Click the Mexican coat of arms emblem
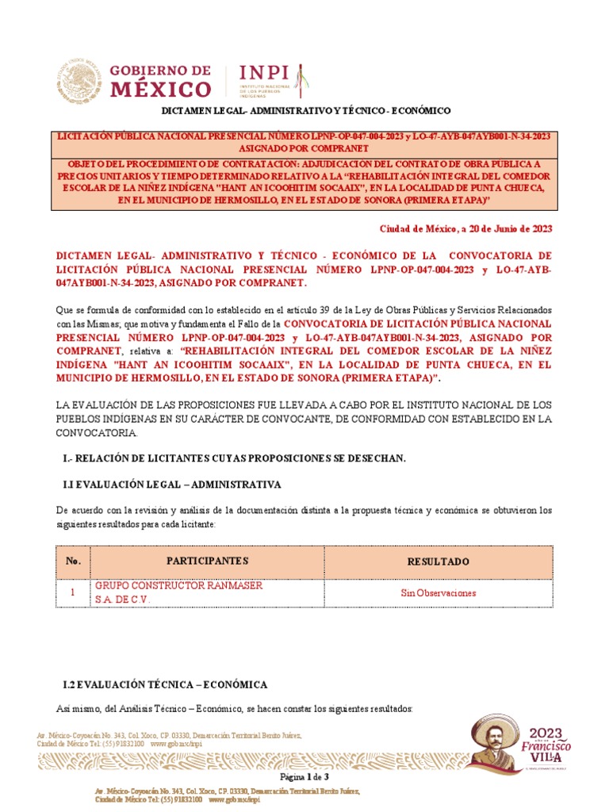[79, 79]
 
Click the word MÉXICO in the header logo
[161, 88]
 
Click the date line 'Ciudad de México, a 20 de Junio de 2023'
[466, 229]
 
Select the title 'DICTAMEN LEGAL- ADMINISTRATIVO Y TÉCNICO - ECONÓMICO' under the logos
[306, 110]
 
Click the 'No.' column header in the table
[74, 561]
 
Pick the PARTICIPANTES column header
[207, 561]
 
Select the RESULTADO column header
[439, 561]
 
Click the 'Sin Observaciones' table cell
[439, 592]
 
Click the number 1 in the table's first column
[73, 592]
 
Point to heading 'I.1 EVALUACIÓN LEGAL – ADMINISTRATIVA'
[171, 484]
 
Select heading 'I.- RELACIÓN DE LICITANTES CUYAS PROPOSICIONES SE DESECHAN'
[234, 459]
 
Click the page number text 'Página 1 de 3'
[304, 777]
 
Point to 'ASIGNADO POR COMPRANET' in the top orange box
[304, 148]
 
